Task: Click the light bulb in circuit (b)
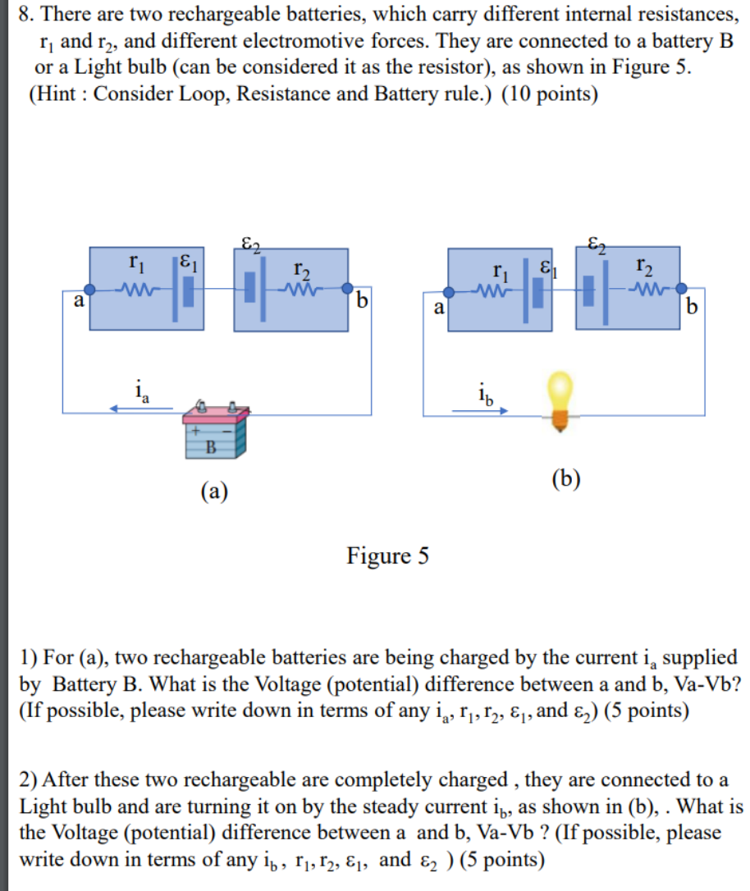tap(560, 399)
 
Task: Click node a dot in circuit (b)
tap(450, 291)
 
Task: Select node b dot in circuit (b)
tap(680, 289)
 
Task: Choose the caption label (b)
tap(566, 478)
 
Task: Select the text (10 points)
tap(550, 94)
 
